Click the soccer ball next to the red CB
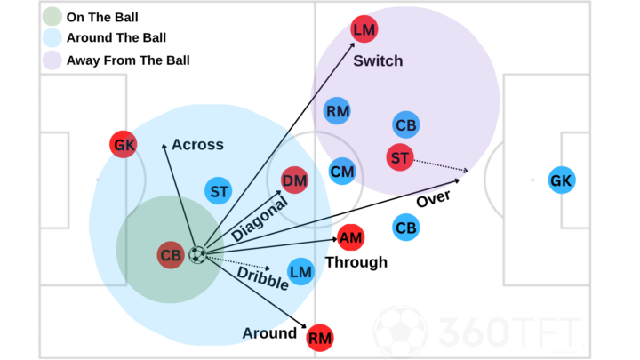tap(197, 254)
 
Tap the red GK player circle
tap(124, 145)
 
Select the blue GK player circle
tap(561, 180)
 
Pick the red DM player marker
tap(294, 180)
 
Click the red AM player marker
tap(351, 237)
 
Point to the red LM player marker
tap(364, 29)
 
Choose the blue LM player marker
tap(301, 271)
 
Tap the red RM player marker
tap(320, 337)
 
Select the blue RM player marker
tap(338, 111)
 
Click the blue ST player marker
tap(219, 190)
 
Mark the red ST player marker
tap(400, 158)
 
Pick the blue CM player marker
tap(342, 172)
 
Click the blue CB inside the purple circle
tap(405, 125)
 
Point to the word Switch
tap(378, 61)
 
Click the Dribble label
tap(263, 278)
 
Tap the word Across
tap(197, 145)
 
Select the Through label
tap(356, 262)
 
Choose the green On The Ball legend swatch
tap(52, 17)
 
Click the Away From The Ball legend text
tap(128, 60)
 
